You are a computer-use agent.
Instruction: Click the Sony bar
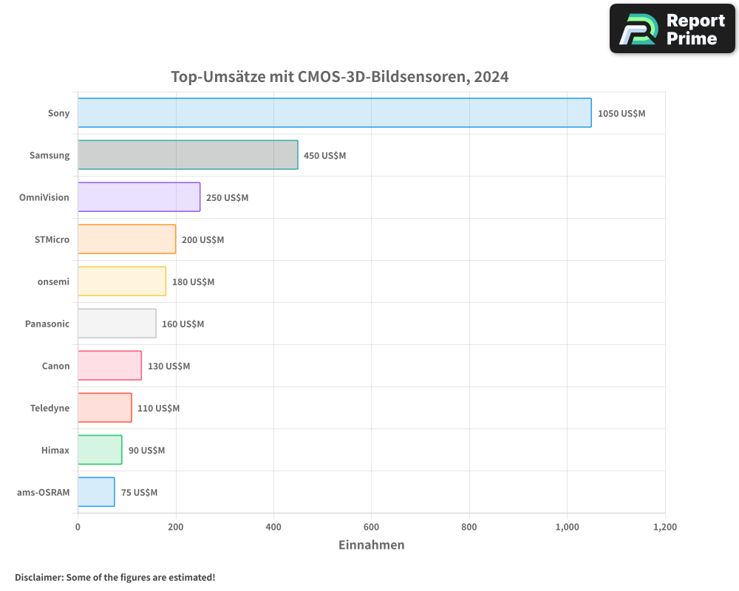tap(334, 113)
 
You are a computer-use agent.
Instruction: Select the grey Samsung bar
tap(188, 155)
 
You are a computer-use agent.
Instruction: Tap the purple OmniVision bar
tap(139, 197)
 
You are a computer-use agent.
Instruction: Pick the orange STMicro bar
tap(126, 239)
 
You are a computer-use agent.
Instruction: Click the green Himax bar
tap(100, 450)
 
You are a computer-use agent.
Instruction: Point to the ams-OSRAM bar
tap(96, 492)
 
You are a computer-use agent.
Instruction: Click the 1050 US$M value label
tap(621, 114)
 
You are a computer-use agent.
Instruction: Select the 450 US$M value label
tap(324, 156)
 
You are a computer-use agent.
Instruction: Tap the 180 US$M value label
tap(193, 282)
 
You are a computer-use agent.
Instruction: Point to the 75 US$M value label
tap(139, 493)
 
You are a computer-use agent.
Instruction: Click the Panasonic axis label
tap(47, 324)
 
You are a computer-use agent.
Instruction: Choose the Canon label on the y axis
tap(56, 366)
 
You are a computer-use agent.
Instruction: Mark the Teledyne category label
tap(50, 408)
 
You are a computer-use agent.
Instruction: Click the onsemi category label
tap(53, 281)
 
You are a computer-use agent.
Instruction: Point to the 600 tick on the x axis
tap(371, 527)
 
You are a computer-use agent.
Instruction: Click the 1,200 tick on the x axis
tap(664, 527)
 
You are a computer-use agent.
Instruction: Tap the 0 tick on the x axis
tap(78, 527)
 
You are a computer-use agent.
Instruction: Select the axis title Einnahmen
tap(371, 545)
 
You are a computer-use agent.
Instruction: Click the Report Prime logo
tap(672, 29)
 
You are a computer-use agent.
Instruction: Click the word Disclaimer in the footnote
tap(38, 577)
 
